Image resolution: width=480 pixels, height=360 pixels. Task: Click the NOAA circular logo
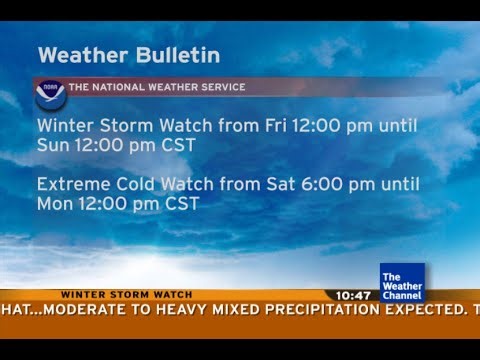50,95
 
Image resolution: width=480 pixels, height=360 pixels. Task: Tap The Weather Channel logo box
402,283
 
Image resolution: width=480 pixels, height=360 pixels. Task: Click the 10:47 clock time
353,296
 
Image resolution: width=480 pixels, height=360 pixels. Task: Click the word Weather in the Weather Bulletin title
79,55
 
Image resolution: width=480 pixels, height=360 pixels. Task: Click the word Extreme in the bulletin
71,184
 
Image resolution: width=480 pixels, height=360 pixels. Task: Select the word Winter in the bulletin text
64,126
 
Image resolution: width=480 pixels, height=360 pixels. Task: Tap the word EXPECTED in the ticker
420,309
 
